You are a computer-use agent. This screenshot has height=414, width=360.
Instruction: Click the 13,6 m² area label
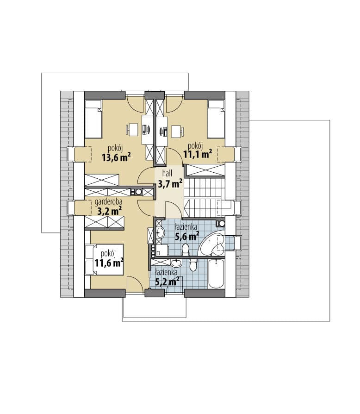point(116,157)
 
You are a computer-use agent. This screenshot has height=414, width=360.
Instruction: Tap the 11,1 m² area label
point(198,154)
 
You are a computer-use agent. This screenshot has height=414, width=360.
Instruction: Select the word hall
point(167,173)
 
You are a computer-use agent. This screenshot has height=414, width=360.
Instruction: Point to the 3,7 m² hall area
point(170,183)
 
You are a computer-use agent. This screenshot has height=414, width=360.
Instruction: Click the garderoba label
point(108,202)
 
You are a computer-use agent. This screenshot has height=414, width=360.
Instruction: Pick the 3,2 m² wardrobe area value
point(110,211)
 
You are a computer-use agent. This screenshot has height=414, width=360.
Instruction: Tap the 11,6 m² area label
point(109,263)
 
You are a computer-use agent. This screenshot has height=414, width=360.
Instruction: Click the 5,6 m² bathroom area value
point(187,236)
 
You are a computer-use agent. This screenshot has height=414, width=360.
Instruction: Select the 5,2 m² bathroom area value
point(167,282)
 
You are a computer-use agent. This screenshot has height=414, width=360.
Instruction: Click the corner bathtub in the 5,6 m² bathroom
point(212,244)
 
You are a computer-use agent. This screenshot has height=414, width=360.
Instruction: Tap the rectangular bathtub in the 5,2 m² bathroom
point(216,274)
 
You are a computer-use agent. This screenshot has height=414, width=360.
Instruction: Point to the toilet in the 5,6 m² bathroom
point(186,250)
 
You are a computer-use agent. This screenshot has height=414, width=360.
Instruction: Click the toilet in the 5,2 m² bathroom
point(193,264)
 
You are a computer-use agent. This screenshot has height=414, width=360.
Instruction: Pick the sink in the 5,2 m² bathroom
point(176,263)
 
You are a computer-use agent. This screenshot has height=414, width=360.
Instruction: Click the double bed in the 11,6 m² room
point(105,259)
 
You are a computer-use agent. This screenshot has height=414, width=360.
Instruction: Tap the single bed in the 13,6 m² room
point(93,119)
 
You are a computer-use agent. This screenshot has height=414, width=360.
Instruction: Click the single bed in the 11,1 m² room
point(216,119)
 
